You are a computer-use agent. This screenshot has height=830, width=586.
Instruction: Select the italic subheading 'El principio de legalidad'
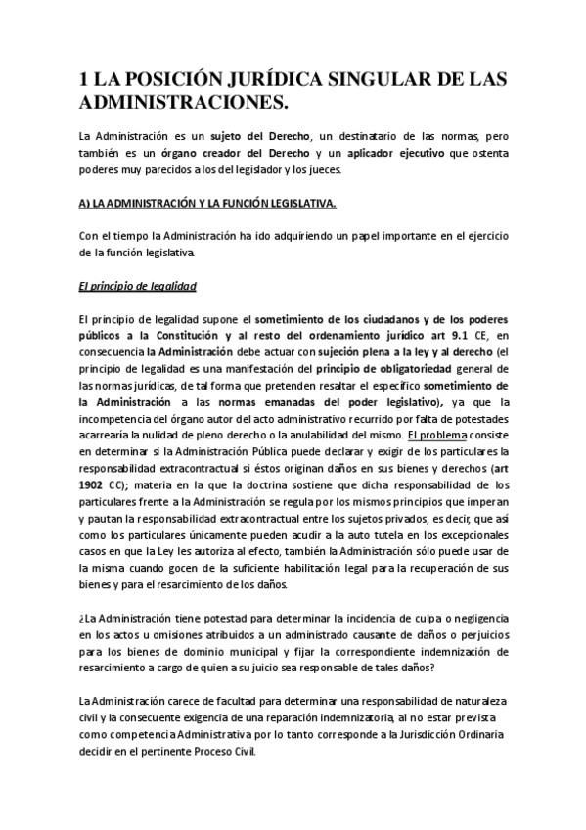(137, 287)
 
